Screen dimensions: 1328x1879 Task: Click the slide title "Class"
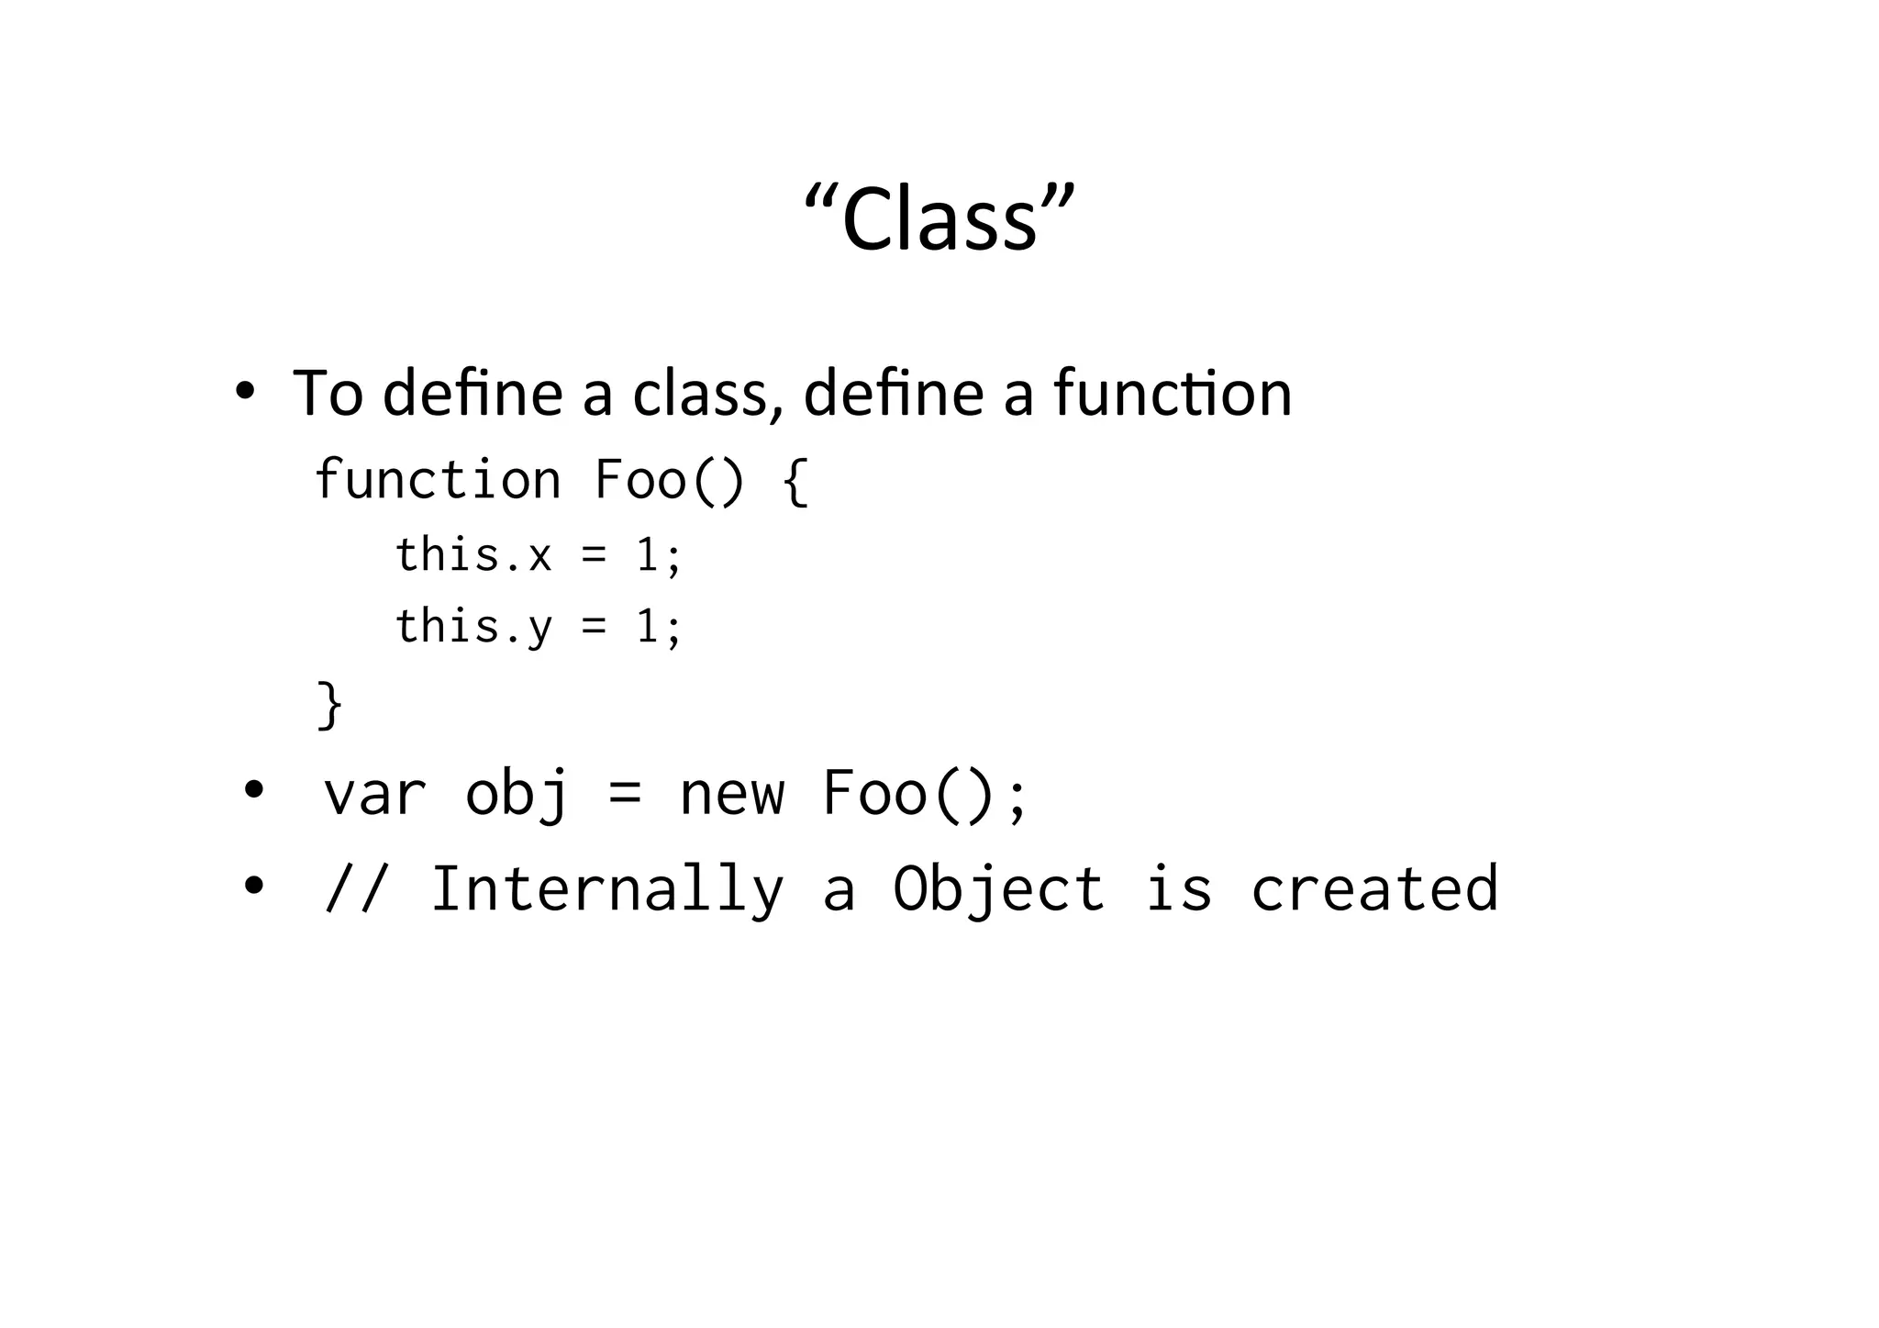(939, 218)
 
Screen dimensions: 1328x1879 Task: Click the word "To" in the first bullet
(328, 393)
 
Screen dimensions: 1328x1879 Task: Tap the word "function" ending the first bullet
(1172, 393)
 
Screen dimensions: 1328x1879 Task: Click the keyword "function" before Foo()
(438, 479)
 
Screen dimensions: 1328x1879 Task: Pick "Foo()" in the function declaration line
(669, 479)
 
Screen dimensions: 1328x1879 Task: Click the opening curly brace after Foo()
(795, 481)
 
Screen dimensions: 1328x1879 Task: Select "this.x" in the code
(473, 555)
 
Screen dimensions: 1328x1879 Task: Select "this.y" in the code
(473, 627)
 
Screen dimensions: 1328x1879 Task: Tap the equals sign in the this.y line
(594, 627)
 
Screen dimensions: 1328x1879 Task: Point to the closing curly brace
(329, 705)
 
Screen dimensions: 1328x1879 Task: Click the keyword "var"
(375, 793)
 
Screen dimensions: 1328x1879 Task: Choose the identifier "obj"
(517, 793)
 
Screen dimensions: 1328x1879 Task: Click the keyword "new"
(732, 793)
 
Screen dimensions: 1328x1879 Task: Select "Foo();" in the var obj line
(925, 793)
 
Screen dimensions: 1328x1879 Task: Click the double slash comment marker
(358, 888)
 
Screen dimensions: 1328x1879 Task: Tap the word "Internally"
(607, 888)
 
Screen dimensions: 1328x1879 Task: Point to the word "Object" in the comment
(998, 888)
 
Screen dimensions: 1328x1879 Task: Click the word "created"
(1374, 888)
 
